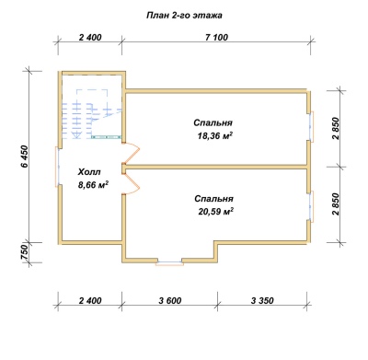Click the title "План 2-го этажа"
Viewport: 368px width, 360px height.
point(184,16)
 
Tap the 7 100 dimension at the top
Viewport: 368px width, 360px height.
point(217,38)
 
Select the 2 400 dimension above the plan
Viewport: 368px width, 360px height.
point(90,38)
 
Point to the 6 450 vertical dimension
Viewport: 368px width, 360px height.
point(25,157)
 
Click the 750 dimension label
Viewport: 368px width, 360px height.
point(25,253)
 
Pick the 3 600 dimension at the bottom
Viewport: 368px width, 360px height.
point(170,300)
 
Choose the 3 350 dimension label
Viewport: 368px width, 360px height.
point(262,300)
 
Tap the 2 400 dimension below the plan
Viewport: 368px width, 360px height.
point(90,300)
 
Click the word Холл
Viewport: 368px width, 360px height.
point(89,172)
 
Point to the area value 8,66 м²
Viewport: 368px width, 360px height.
point(94,185)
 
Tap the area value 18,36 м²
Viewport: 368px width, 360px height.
point(214,135)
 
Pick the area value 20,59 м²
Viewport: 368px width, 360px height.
point(216,212)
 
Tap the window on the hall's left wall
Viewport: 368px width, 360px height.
point(58,167)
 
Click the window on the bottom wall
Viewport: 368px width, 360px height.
point(169,262)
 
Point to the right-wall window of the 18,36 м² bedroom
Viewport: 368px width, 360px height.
point(312,126)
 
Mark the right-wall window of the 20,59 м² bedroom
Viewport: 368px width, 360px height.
point(312,206)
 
